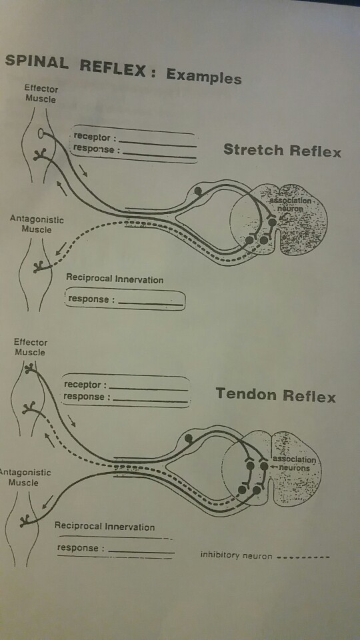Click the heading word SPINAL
[x=37, y=62]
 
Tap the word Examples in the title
[x=203, y=75]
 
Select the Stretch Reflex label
[x=281, y=150]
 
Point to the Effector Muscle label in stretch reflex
[x=41, y=94]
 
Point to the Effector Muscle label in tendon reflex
[x=31, y=347]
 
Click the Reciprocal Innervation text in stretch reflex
[x=115, y=279]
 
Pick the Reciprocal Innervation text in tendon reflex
[x=105, y=527]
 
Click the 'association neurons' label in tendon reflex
[x=294, y=464]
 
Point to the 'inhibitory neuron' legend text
[x=236, y=555]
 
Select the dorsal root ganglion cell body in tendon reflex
[x=188, y=438]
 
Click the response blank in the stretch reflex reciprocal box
[x=149, y=303]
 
